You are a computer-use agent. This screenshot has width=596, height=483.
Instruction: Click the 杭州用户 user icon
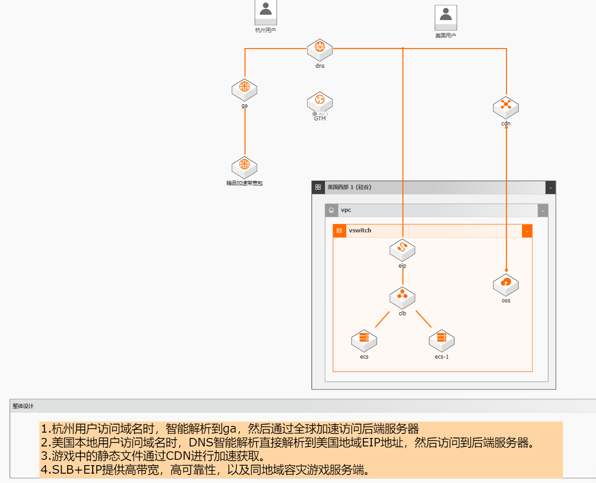click(266, 12)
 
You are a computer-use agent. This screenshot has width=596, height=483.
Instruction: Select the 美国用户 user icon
click(446, 17)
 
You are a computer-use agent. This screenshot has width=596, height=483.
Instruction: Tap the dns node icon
click(320, 50)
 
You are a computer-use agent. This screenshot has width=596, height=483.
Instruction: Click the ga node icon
click(244, 89)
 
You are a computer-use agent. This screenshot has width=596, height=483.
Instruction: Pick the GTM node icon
click(320, 102)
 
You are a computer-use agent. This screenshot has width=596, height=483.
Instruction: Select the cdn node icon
click(506, 107)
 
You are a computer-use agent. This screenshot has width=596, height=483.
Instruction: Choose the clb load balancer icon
click(402, 297)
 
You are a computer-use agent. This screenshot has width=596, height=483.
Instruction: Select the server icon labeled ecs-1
click(441, 341)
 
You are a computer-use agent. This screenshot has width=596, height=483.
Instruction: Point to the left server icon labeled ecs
click(364, 341)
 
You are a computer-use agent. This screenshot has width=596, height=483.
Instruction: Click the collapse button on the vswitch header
click(527, 231)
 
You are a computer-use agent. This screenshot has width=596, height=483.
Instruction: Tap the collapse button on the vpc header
click(543, 211)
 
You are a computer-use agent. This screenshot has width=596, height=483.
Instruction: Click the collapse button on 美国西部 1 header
click(551, 188)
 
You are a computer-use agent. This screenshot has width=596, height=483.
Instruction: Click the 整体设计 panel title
click(23, 406)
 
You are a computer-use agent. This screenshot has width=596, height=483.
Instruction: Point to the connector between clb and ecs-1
click(423, 319)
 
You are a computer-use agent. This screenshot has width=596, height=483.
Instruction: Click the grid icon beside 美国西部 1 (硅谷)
click(318, 187)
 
